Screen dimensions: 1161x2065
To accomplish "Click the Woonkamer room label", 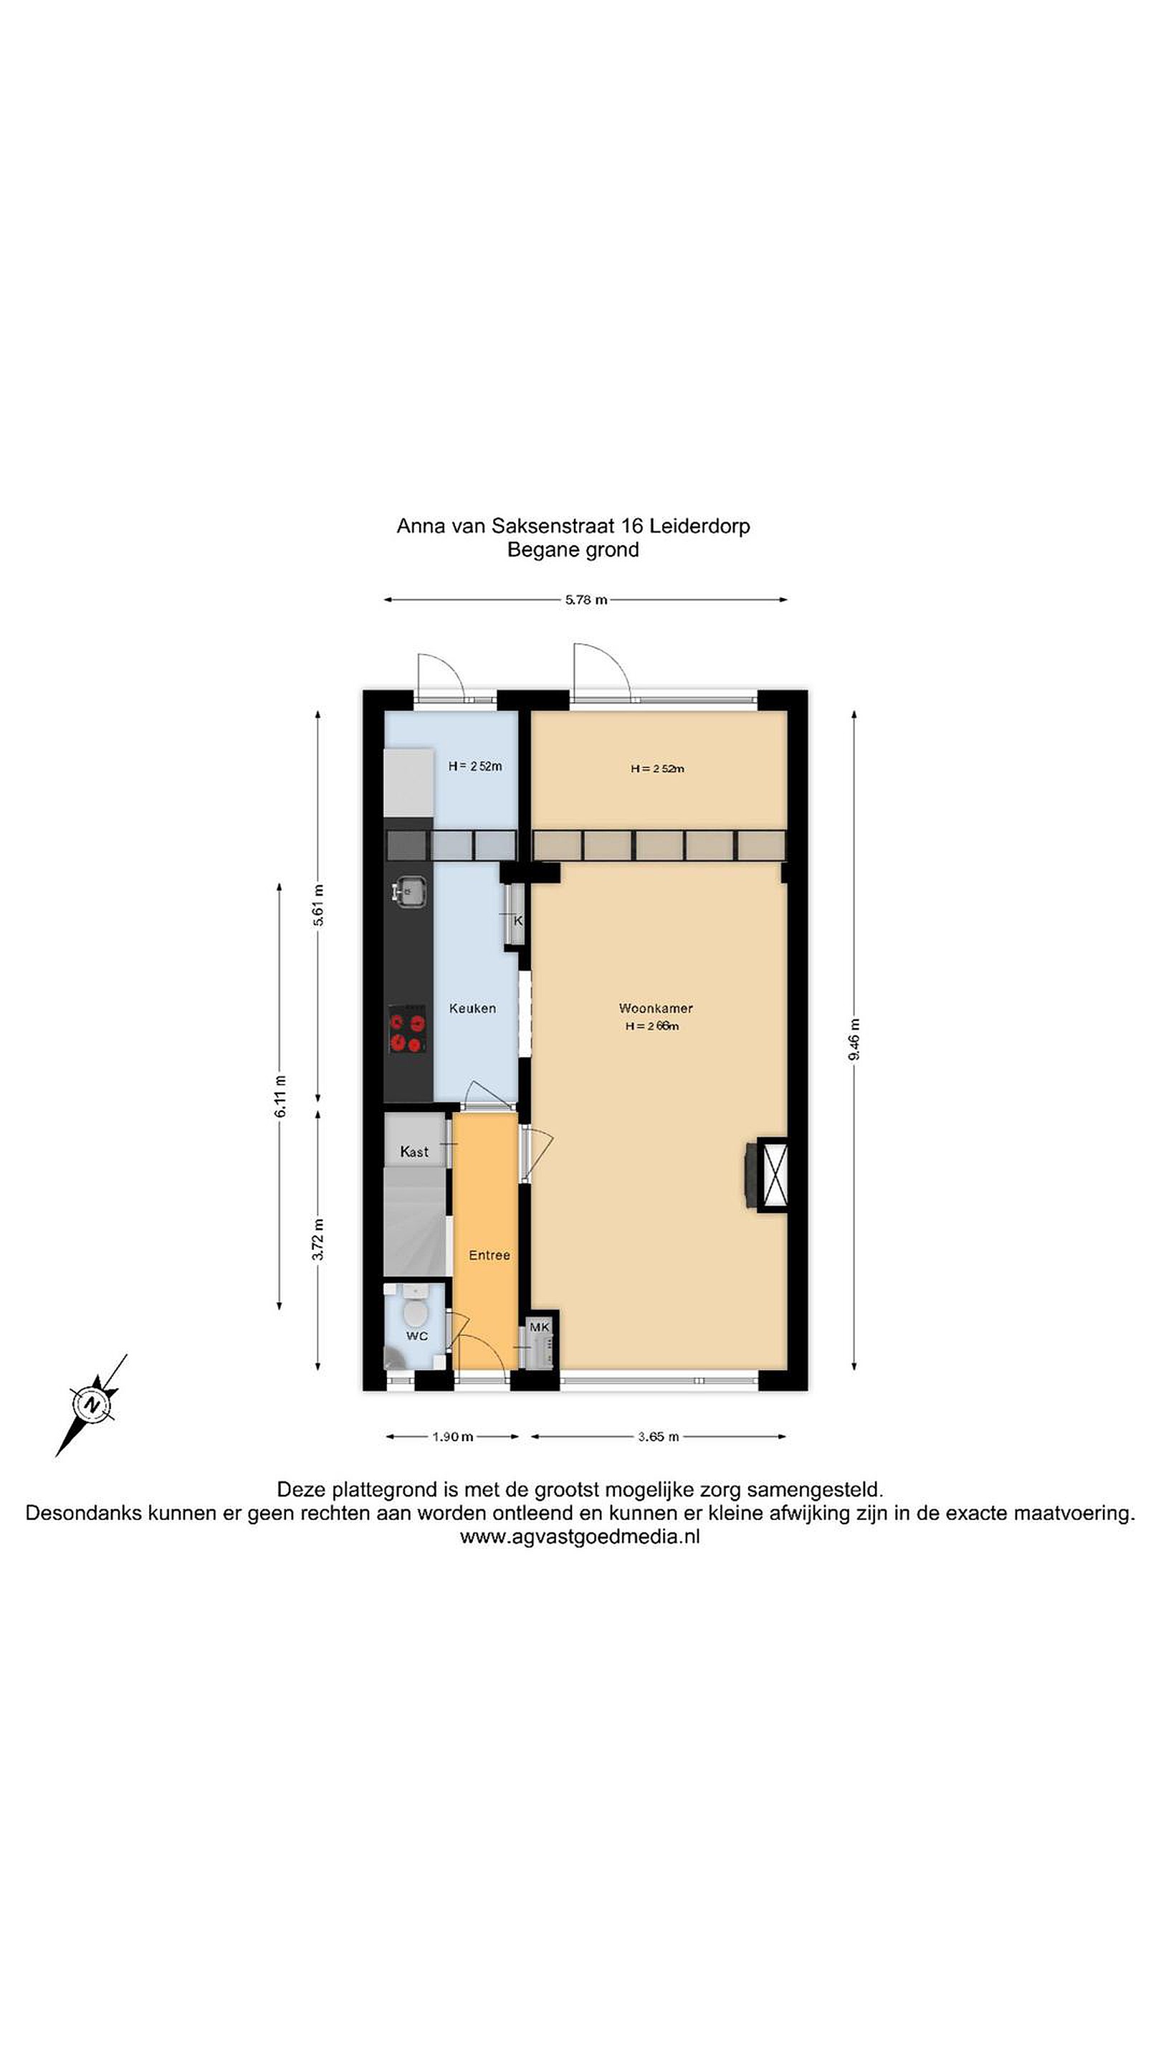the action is click(656, 1007).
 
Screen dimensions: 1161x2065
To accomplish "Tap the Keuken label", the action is click(472, 1007).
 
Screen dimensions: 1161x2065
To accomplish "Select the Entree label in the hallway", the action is click(489, 1255).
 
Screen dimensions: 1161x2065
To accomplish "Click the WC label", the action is click(416, 1336).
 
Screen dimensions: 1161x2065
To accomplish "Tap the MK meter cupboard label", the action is click(539, 1326).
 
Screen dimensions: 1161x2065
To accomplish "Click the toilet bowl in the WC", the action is click(414, 1312).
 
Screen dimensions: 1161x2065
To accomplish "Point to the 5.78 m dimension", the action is click(586, 599).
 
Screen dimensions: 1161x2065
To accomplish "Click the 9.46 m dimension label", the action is click(854, 1040).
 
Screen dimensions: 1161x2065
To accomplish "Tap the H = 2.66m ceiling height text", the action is click(652, 1026).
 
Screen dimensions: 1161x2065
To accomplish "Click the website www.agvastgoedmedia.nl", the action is click(580, 1536).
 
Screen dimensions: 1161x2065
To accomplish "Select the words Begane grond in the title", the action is click(573, 550).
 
